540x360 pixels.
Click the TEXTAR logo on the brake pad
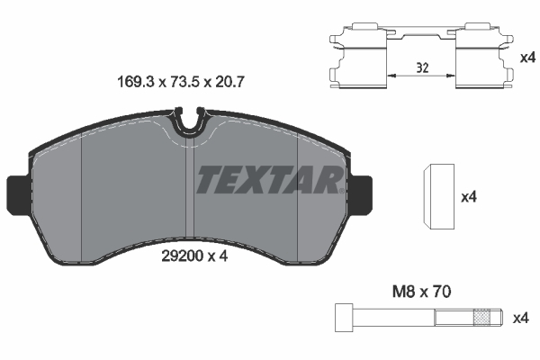268,180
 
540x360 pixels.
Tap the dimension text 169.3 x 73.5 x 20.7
183,81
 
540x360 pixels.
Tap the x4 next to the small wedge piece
467,197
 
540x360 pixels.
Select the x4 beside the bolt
519,318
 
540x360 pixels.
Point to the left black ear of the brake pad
18,191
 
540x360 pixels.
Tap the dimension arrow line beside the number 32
423,76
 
